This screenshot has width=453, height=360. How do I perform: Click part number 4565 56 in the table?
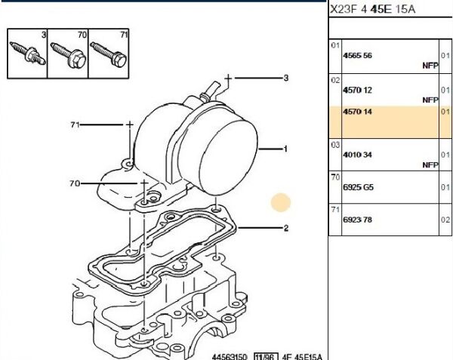(x=357, y=55)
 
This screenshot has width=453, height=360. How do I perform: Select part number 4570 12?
(x=357, y=90)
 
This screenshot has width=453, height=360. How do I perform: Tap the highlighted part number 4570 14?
(x=357, y=112)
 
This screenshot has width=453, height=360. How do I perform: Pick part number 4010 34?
(x=357, y=155)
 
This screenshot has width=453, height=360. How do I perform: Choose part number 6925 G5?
(x=358, y=187)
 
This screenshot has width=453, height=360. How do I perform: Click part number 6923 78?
(x=357, y=220)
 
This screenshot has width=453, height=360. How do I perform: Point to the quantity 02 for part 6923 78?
(x=445, y=220)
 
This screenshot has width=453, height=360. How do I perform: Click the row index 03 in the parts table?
(x=335, y=145)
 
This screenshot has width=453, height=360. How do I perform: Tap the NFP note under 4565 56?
(x=430, y=66)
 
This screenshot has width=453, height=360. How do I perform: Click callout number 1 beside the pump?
(x=285, y=149)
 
